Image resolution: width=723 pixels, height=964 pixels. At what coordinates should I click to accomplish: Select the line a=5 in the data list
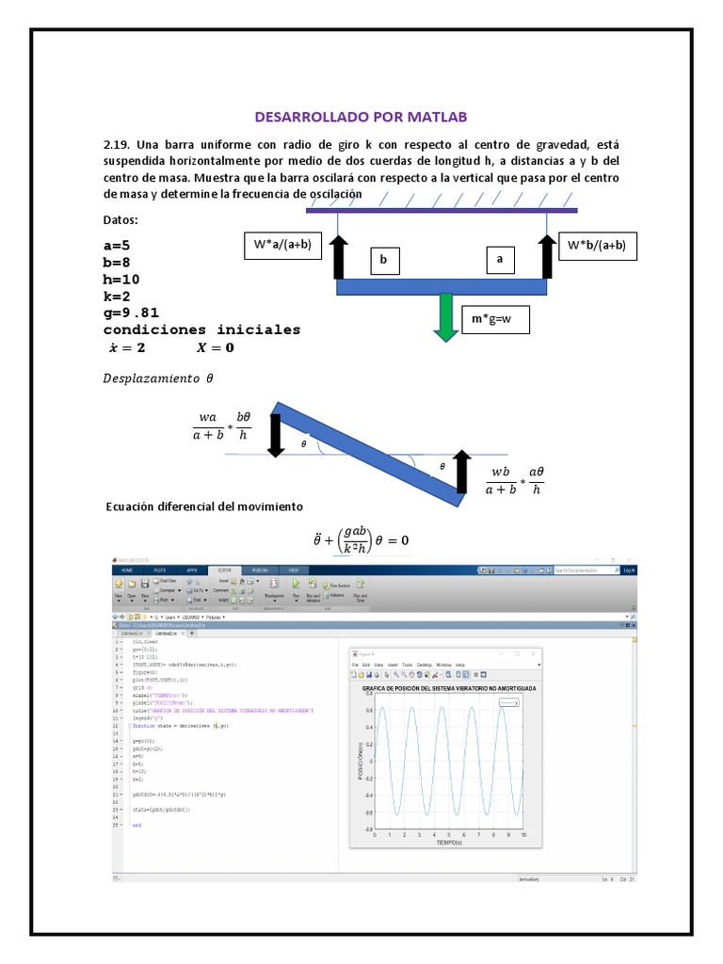117,245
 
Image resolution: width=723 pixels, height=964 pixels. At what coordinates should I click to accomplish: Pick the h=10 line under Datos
121,279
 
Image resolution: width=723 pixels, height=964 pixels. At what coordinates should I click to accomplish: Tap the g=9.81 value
131,313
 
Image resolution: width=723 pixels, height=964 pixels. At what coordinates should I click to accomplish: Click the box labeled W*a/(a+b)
281,247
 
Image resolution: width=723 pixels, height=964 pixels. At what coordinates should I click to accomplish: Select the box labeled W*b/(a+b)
597,246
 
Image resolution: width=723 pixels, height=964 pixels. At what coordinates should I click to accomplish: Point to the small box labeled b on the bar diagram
383,259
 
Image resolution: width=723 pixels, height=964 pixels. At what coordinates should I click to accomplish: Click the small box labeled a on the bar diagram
500,258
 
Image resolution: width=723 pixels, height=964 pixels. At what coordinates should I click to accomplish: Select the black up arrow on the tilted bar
462,471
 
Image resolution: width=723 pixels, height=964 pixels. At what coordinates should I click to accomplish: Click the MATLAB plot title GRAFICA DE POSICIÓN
449,689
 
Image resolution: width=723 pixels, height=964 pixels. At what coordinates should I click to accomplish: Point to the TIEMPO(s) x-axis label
448,843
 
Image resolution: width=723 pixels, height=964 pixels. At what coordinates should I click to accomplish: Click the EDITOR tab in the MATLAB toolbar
225,570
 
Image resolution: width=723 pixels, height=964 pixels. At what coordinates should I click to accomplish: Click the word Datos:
120,220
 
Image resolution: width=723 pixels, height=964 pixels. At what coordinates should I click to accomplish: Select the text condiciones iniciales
201,329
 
